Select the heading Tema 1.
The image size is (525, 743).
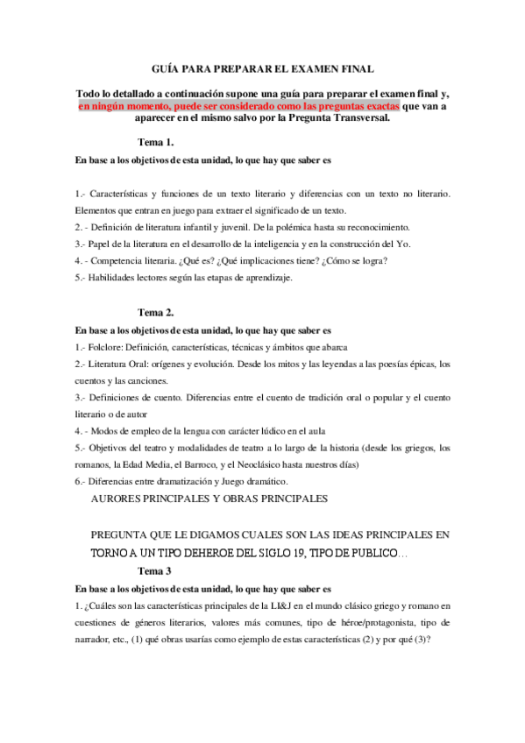point(157,142)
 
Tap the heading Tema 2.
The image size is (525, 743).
point(157,311)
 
